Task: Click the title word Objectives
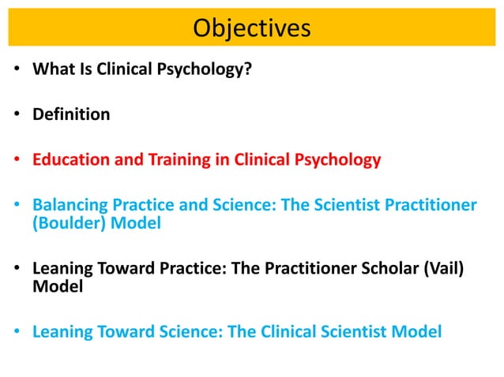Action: tap(251, 28)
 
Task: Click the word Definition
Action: tap(71, 114)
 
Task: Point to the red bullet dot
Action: tap(17, 162)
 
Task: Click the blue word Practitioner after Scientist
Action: tap(434, 206)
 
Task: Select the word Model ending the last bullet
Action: tap(419, 332)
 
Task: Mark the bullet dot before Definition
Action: tap(17, 116)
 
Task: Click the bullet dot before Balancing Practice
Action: tap(17, 207)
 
